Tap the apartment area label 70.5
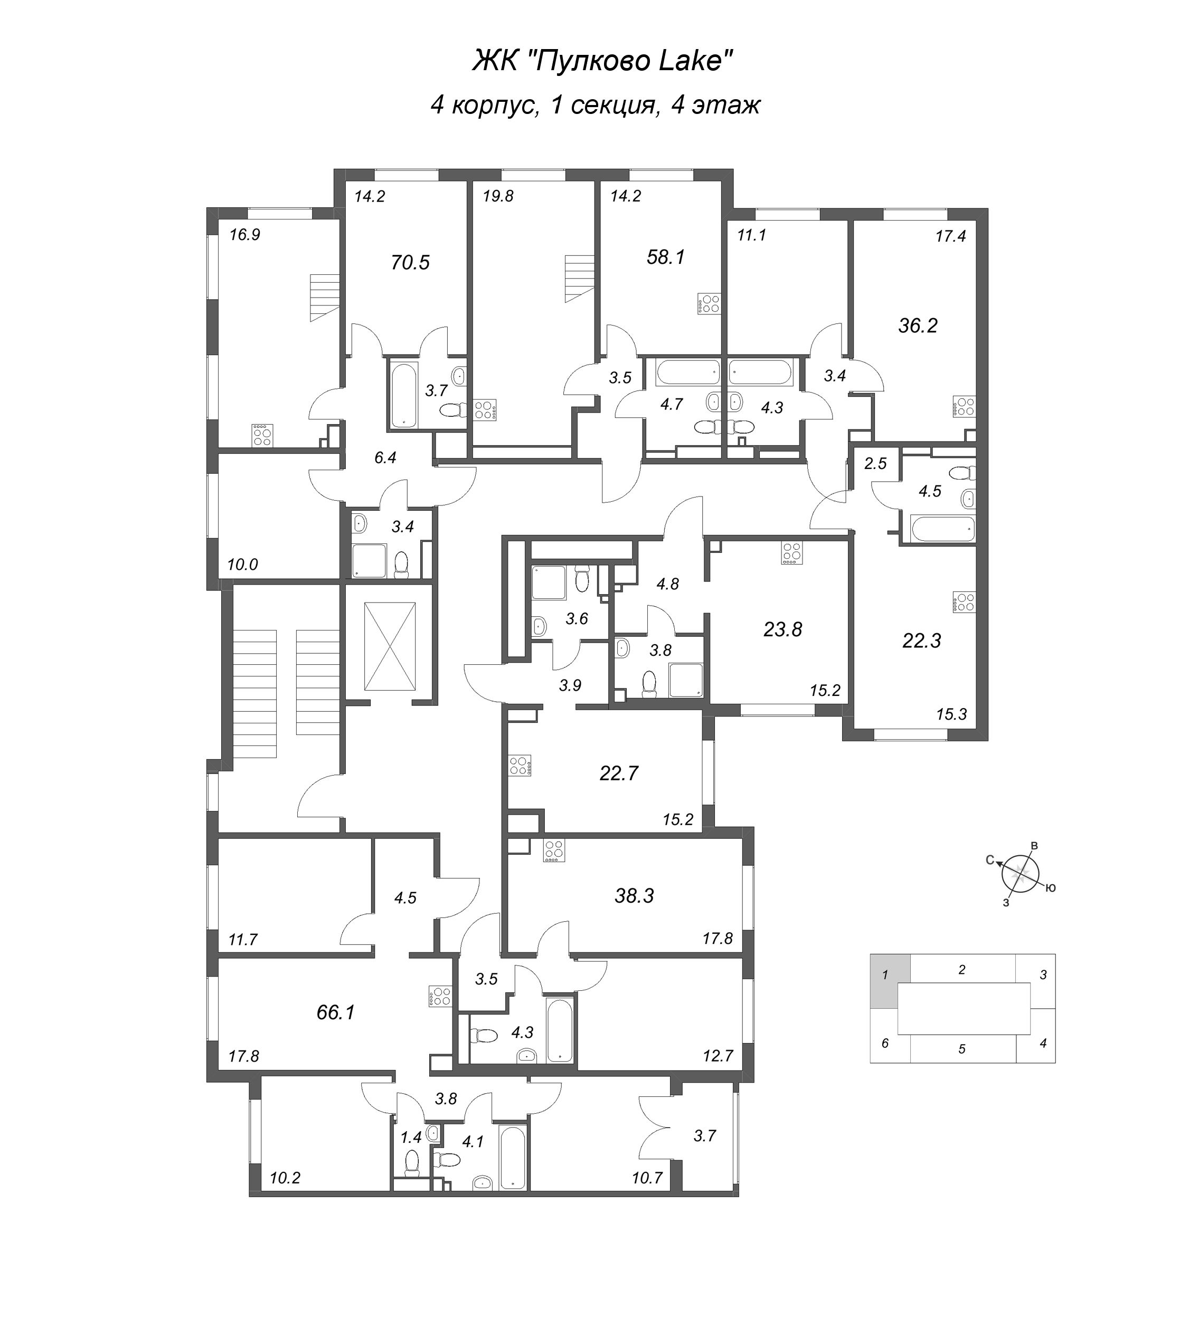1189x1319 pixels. [x=410, y=263]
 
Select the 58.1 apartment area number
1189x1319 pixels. [x=665, y=257]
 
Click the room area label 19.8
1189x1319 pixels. [x=498, y=196]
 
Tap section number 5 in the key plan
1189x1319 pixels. [x=961, y=1049]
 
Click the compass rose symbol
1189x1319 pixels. [x=1018, y=874]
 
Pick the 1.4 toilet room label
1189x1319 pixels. [x=410, y=1138]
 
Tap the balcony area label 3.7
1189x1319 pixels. [x=704, y=1135]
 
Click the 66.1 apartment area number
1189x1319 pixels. [x=335, y=1012]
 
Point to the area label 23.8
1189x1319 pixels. [x=782, y=629]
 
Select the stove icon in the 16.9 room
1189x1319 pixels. [x=262, y=435]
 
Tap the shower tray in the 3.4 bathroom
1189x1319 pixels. [x=369, y=561]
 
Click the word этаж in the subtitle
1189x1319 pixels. [x=725, y=104]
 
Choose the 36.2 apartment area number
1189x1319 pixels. [x=917, y=325]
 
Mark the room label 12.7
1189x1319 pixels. [x=718, y=1055]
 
